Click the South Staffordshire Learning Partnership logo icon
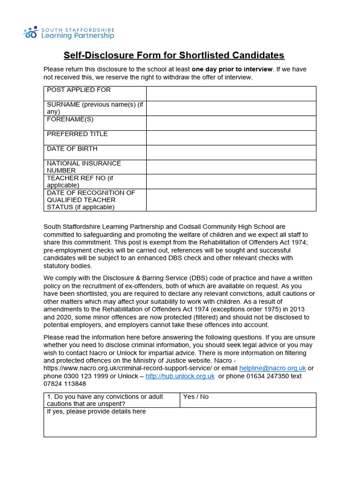click(x=30, y=32)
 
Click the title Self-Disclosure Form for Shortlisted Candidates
click(x=174, y=55)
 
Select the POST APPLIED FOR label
click(x=79, y=90)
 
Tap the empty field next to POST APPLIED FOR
click(x=231, y=94)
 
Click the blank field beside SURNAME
click(x=231, y=108)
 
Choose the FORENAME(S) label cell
click(x=70, y=120)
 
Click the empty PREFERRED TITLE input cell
click(x=231, y=138)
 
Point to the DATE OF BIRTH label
click(x=72, y=149)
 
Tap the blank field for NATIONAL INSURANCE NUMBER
click(x=231, y=167)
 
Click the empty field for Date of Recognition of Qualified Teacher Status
click(x=231, y=200)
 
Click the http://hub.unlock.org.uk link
click(x=180, y=376)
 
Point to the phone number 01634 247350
click(x=267, y=376)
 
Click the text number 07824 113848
click(x=65, y=383)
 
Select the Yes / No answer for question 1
click(x=196, y=397)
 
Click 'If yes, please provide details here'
click(x=97, y=412)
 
